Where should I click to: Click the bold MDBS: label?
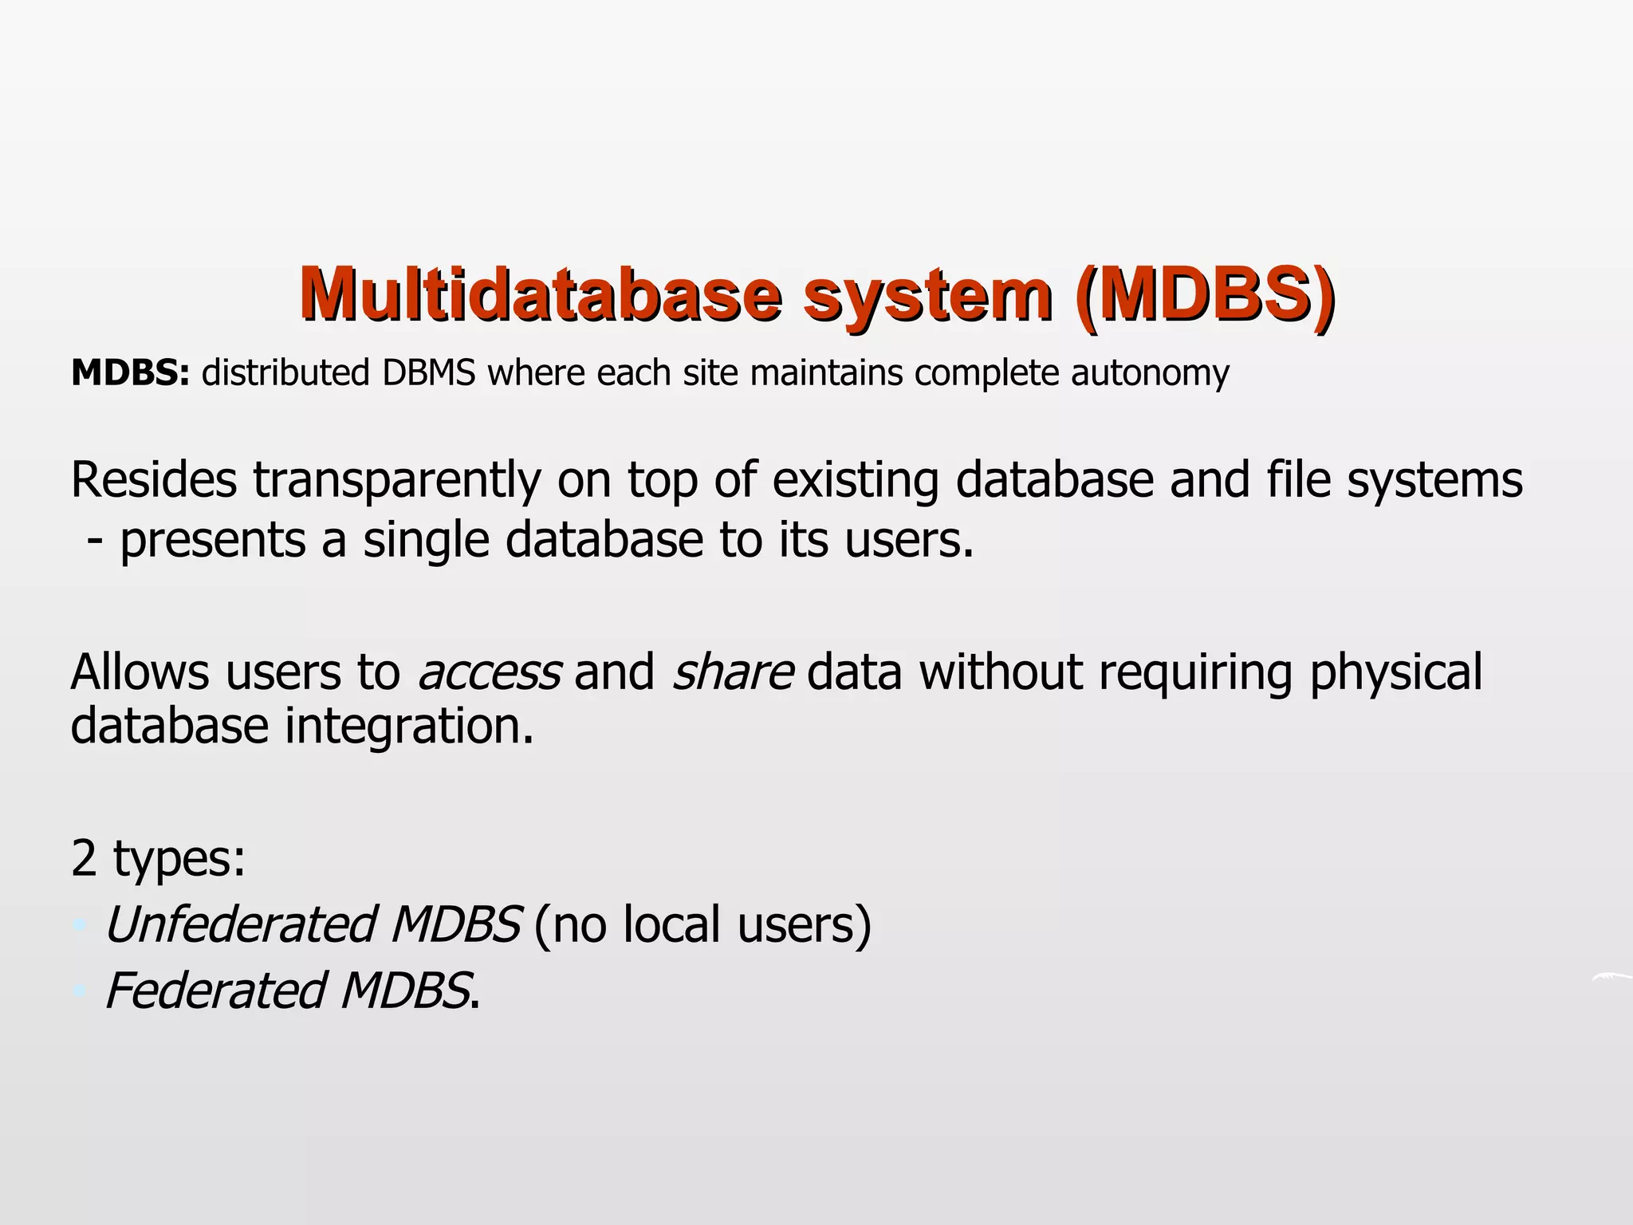[x=130, y=373]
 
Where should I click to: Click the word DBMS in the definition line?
[x=428, y=373]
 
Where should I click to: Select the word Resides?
[x=153, y=480]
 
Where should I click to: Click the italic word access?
[x=489, y=672]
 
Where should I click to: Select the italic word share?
[x=732, y=672]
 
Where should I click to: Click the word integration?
[x=409, y=727]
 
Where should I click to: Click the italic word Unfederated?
[x=240, y=925]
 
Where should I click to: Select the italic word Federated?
[x=214, y=991]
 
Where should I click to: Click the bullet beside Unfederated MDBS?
[x=78, y=926]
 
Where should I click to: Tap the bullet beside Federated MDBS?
[x=78, y=992]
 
